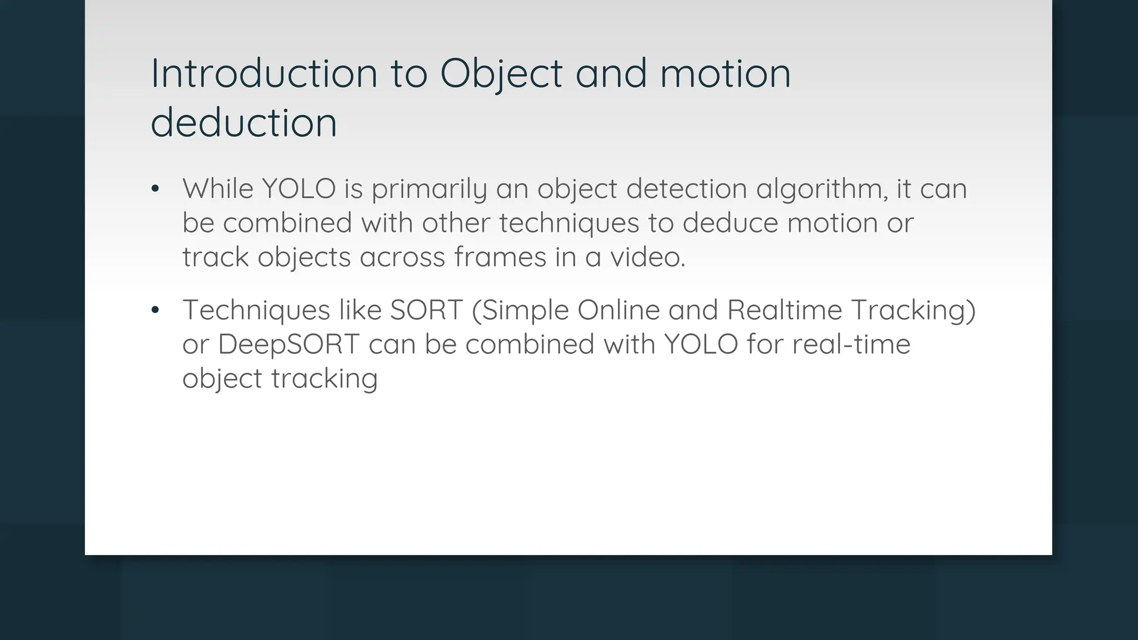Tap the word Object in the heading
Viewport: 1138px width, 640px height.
pyautogui.click(x=501, y=74)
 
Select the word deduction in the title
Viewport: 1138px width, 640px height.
pyautogui.click(x=244, y=123)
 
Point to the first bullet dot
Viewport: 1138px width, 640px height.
pyautogui.click(x=156, y=189)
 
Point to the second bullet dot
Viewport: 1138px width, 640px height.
pyautogui.click(x=156, y=311)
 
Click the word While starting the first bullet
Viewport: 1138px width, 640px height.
pyautogui.click(x=218, y=189)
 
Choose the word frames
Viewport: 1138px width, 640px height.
pyautogui.click(x=500, y=257)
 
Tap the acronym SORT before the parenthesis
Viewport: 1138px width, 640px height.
pyautogui.click(x=426, y=310)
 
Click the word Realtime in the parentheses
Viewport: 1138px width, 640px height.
pyautogui.click(x=785, y=310)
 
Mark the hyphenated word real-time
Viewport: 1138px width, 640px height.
pyautogui.click(x=851, y=344)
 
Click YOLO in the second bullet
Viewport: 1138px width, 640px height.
pyautogui.click(x=701, y=344)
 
